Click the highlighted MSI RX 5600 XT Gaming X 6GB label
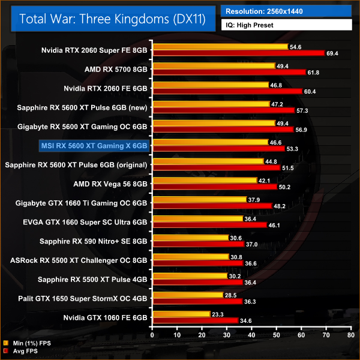point(94,145)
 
